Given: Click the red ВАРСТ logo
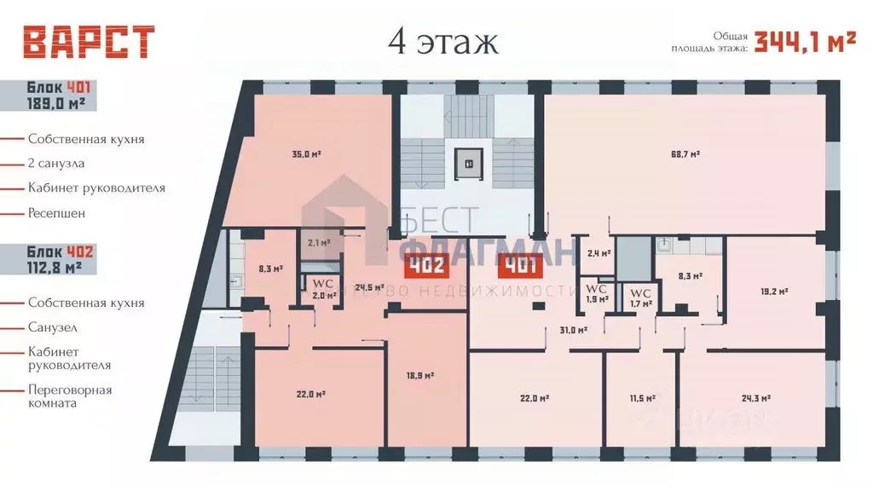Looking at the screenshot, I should [89, 42].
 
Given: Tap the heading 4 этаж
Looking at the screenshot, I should [442, 41].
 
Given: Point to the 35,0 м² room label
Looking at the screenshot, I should [306, 155].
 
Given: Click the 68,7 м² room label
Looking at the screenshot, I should [685, 154].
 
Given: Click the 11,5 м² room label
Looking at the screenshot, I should [641, 398].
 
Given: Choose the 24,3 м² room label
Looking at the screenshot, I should [756, 397].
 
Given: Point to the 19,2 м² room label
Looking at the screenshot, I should [773, 291].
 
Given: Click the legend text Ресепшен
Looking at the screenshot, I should [56, 212].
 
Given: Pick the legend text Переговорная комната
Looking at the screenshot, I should [69, 396].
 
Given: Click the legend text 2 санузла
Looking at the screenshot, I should [56, 163].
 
